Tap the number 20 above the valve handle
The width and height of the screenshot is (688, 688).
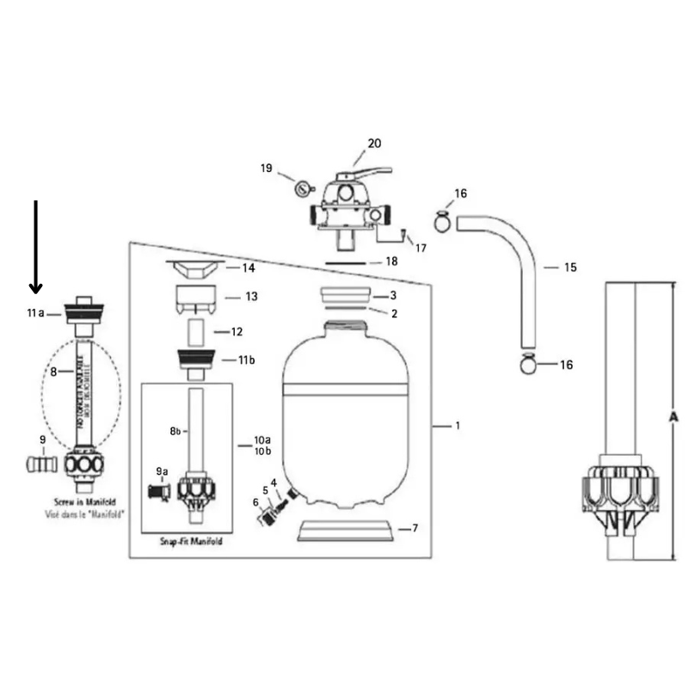(373, 144)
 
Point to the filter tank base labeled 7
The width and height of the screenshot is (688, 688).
(346, 531)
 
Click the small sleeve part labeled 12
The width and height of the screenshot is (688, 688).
(195, 330)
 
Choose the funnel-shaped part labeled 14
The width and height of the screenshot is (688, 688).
(197, 269)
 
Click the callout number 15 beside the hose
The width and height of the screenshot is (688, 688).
(569, 267)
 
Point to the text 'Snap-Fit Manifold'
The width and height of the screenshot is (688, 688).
(191, 541)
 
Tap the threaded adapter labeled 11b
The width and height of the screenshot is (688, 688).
(195, 360)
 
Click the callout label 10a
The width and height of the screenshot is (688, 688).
(261, 440)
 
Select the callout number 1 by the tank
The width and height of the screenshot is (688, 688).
(458, 425)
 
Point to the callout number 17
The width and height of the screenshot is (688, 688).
(421, 249)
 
